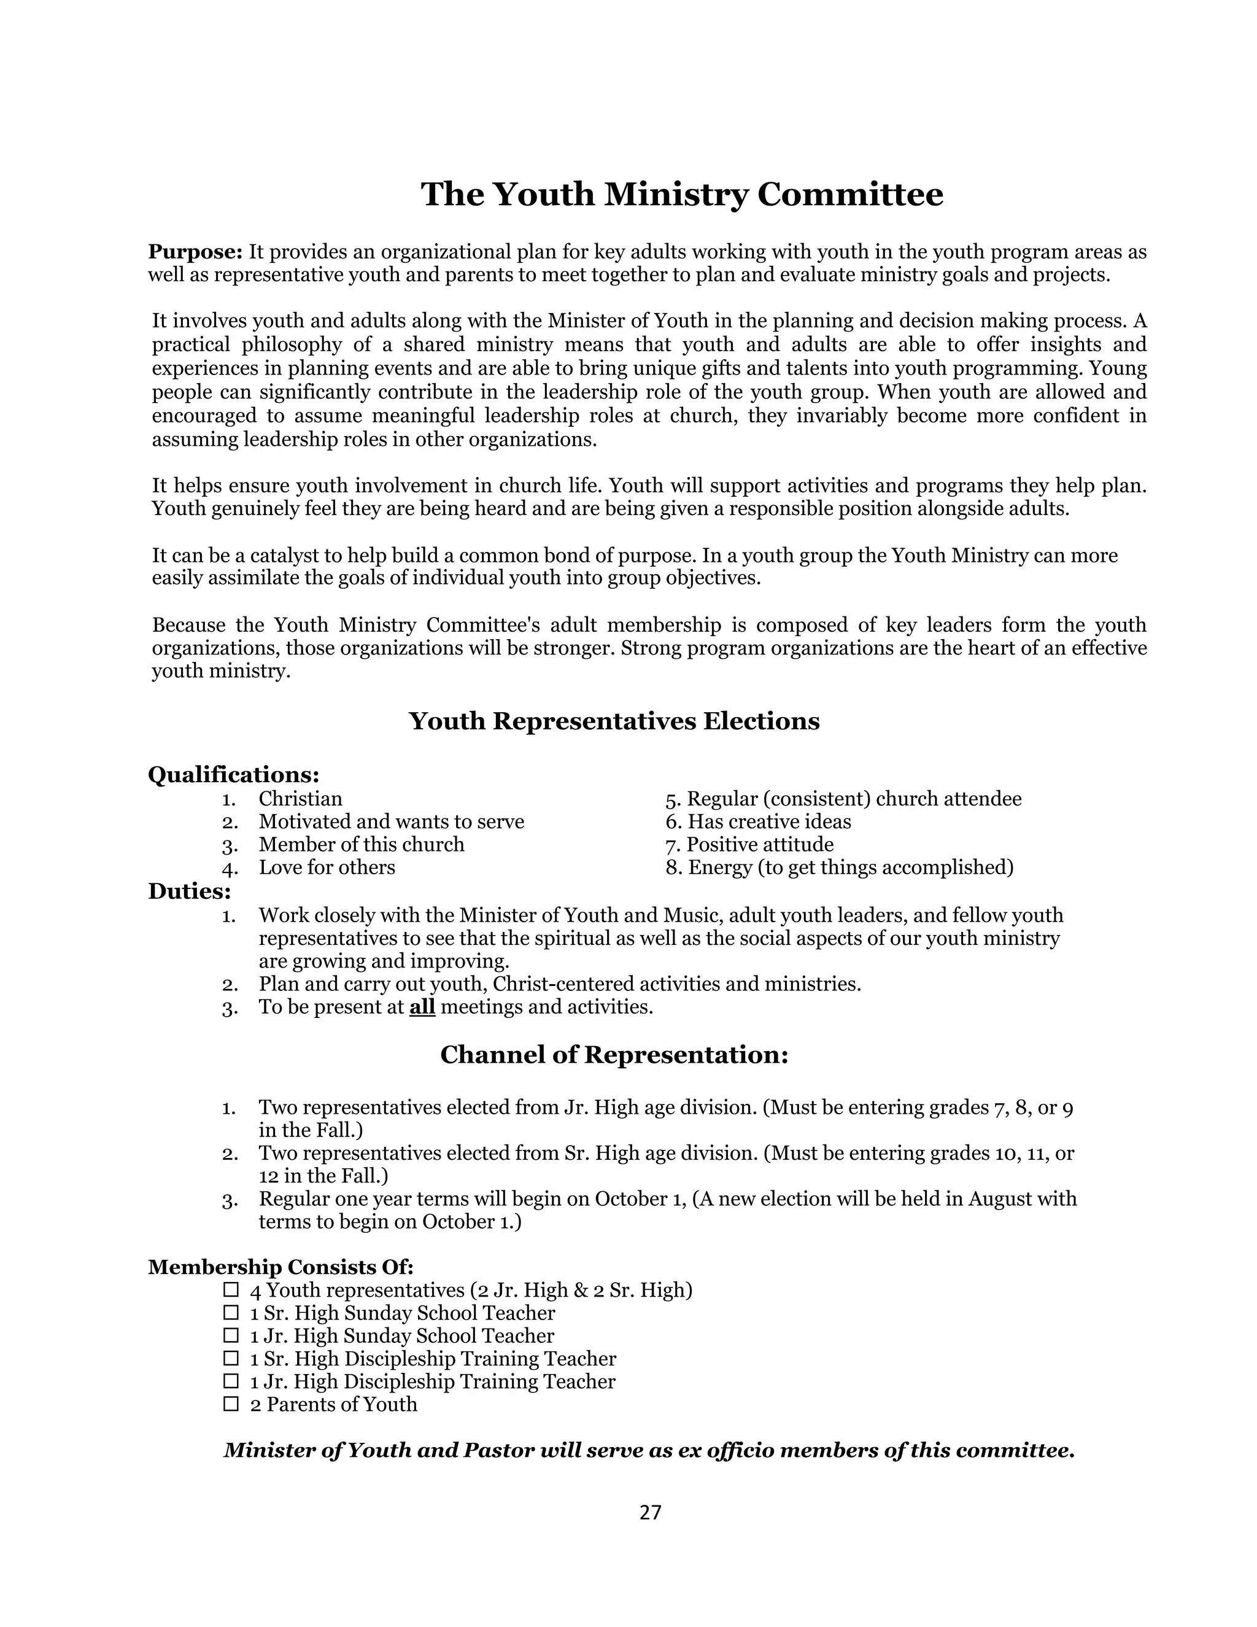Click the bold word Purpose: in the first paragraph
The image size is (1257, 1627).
[x=195, y=252]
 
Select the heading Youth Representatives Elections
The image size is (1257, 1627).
[x=614, y=721]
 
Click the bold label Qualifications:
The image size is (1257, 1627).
[x=234, y=775]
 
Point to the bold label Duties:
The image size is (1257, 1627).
[x=189, y=891]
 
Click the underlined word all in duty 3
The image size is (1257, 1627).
[x=422, y=1007]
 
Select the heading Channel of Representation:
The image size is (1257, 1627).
[x=614, y=1055]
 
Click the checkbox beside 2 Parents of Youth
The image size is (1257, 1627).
[x=231, y=1404]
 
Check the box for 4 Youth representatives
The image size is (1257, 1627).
[x=231, y=1289]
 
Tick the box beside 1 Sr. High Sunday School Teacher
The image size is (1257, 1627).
[x=231, y=1312]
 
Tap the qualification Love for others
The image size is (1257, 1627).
[x=327, y=868]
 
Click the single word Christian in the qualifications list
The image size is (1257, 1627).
[x=300, y=799]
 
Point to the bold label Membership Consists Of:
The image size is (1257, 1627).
[x=280, y=1267]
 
